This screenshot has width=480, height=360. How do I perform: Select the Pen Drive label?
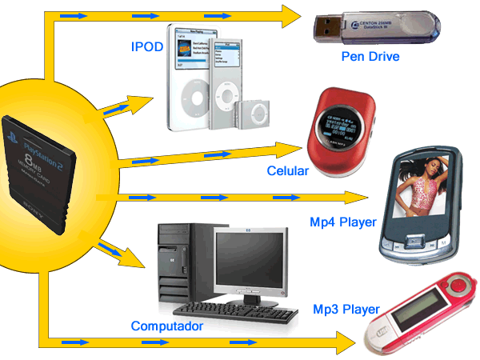pyautogui.click(x=370, y=57)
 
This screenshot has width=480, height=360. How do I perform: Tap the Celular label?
pyautogui.click(x=287, y=171)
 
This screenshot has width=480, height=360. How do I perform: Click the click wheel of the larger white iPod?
pyautogui.click(x=186, y=103)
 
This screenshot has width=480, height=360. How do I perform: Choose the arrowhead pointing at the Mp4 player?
pyautogui.click(x=358, y=197)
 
